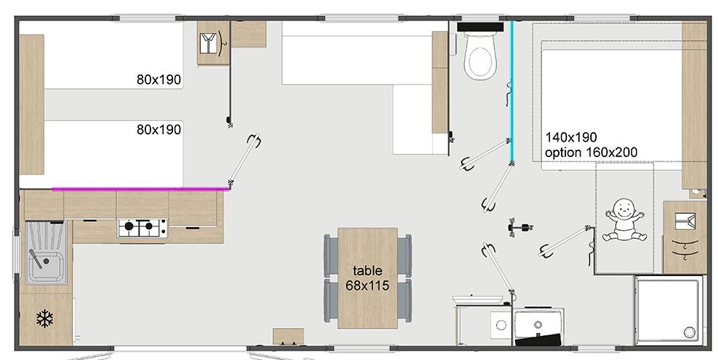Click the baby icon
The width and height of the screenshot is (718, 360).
(x=624, y=220)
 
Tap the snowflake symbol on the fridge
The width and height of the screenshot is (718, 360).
(x=45, y=318)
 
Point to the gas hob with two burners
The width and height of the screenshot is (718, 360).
(x=142, y=227)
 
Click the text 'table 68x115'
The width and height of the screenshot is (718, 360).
(x=367, y=278)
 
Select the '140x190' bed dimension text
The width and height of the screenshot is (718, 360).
(x=570, y=137)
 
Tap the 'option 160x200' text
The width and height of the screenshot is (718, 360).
(x=591, y=153)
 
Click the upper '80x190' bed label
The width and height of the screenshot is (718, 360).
(x=159, y=80)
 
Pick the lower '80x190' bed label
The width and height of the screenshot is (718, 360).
(x=159, y=130)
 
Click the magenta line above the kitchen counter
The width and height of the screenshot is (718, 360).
(x=140, y=188)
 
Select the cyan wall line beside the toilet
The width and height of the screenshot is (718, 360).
(x=512, y=91)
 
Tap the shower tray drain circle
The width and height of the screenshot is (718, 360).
(x=689, y=332)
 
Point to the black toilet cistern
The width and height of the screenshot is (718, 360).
(x=480, y=27)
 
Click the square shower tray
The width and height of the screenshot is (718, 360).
(x=668, y=310)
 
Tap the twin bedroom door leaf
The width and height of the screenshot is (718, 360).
(x=244, y=161)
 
